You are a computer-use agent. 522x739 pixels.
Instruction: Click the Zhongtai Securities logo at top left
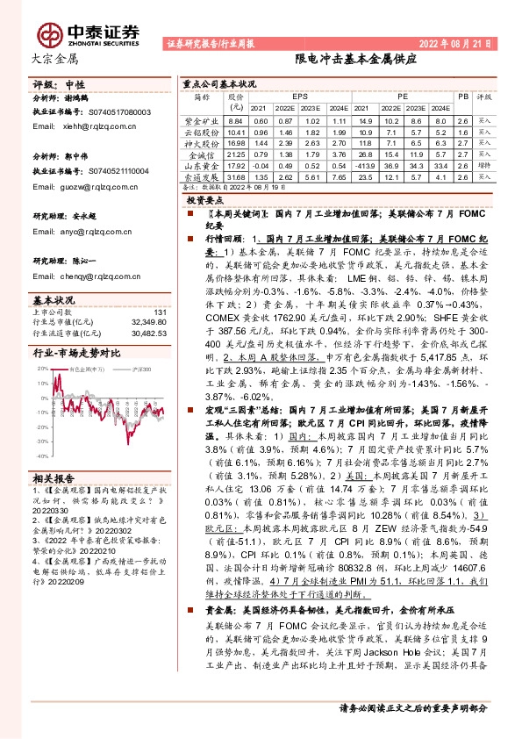coord(88,32)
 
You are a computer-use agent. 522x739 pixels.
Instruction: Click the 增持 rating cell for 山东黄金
coord(484,165)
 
